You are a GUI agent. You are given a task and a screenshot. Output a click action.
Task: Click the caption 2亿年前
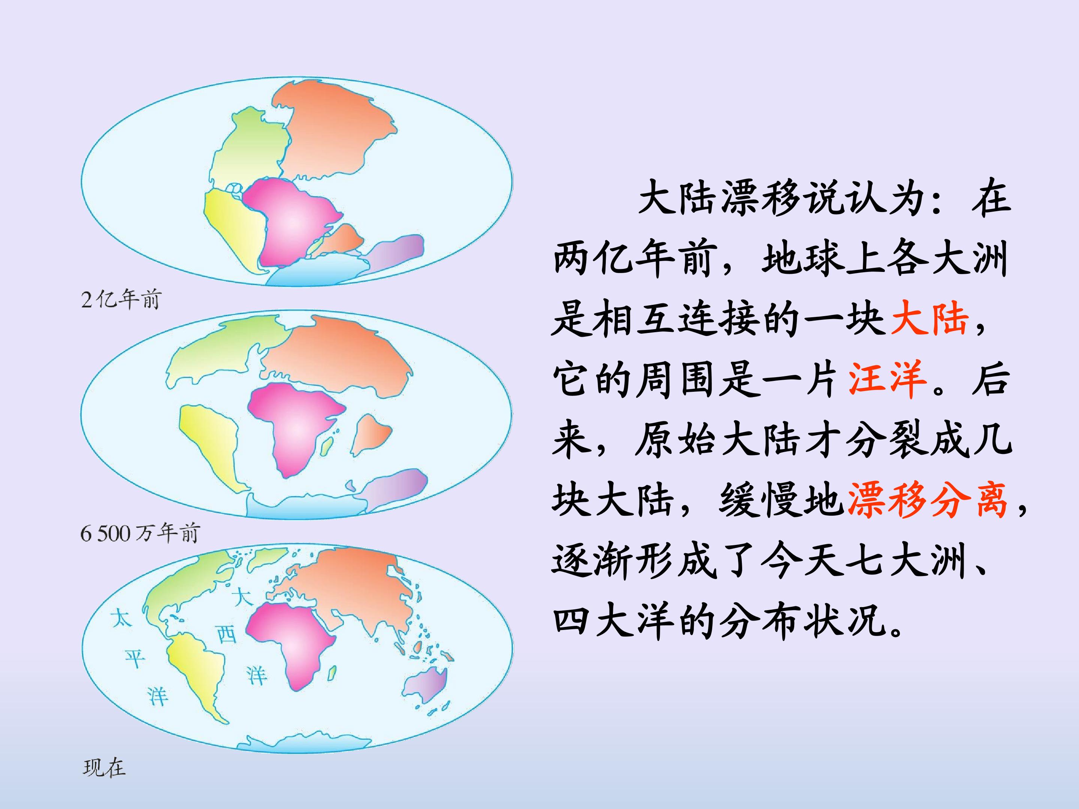coord(121,299)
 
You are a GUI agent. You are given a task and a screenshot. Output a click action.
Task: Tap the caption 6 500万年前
coord(140,533)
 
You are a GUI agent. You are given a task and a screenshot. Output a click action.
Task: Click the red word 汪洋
coord(888,379)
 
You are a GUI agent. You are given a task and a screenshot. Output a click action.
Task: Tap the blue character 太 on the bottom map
coord(121,618)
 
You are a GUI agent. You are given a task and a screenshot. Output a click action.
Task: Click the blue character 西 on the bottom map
coord(226,634)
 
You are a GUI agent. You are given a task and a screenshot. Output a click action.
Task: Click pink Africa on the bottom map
coord(293,639)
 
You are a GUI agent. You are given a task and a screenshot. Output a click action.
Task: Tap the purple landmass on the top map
coord(398,251)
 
